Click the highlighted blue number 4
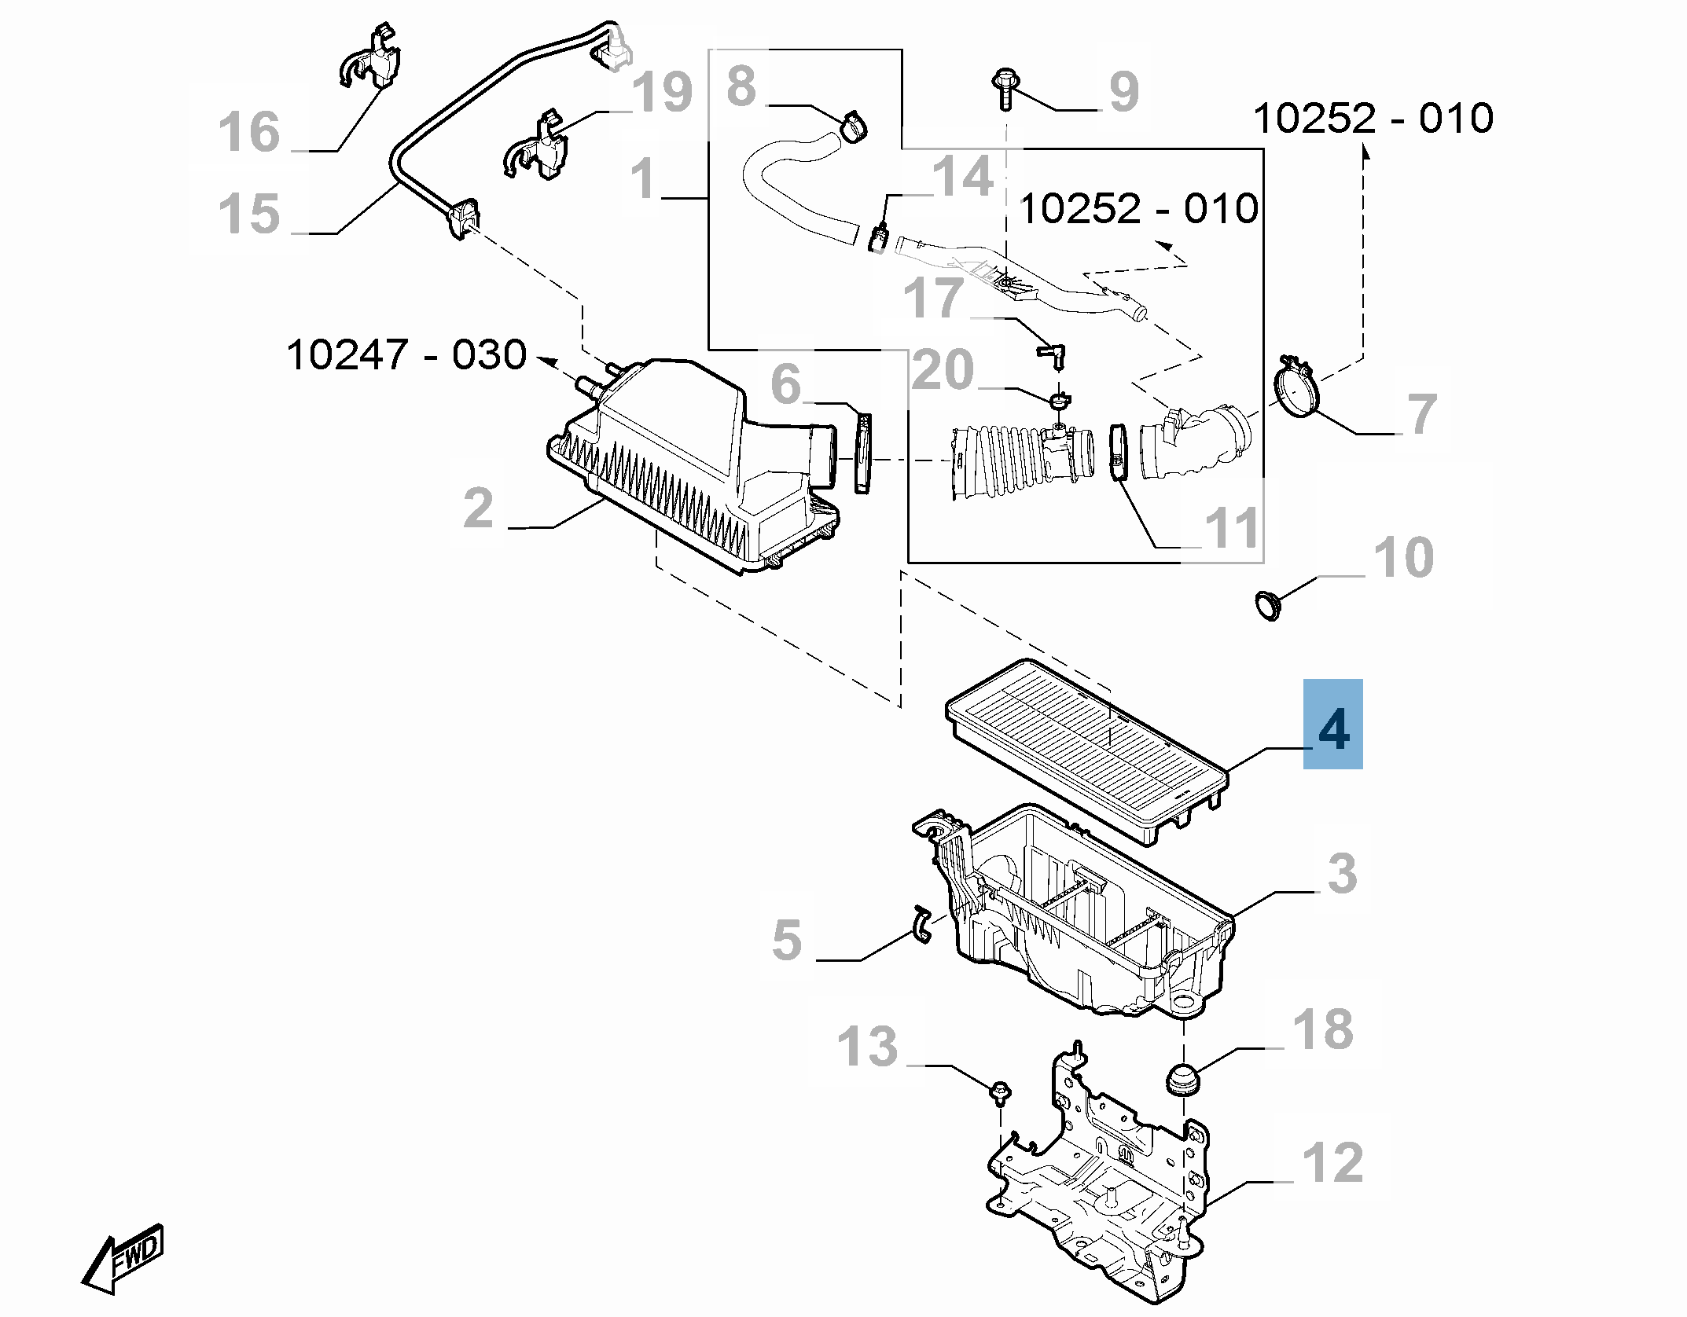point(1332,729)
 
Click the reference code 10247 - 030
point(406,356)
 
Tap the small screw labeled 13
point(1000,1092)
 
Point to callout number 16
point(248,132)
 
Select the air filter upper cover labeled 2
point(692,464)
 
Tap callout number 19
point(663,93)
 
